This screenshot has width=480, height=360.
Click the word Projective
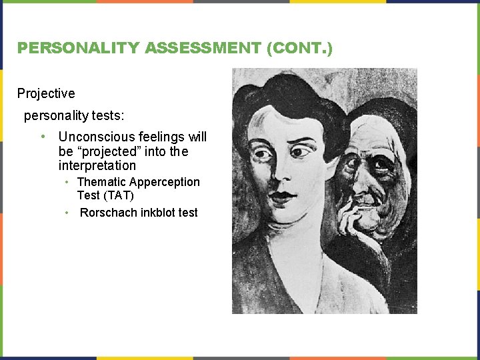(x=46, y=93)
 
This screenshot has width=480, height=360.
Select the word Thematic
(x=101, y=182)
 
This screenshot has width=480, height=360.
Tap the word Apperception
(x=165, y=182)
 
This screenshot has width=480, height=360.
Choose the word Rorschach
(x=108, y=213)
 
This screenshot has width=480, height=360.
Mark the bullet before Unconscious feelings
(x=43, y=137)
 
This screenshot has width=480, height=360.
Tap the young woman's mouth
(x=282, y=197)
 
